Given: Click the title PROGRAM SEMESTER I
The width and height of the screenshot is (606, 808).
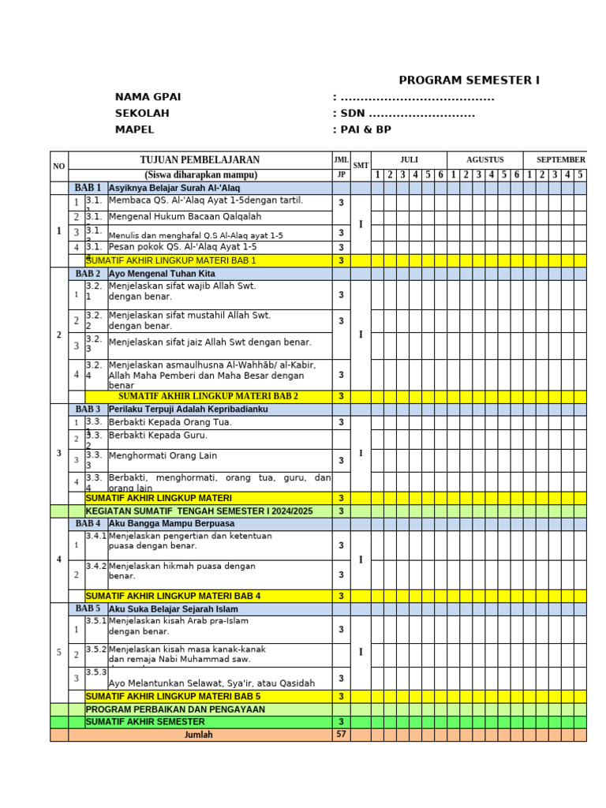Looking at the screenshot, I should pyautogui.click(x=469, y=80).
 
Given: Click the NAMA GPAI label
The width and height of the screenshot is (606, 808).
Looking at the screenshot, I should pyautogui.click(x=148, y=97).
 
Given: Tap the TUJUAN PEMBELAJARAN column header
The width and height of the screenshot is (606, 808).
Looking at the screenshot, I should pyautogui.click(x=200, y=160).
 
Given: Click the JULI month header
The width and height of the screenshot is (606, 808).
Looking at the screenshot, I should pyautogui.click(x=409, y=160).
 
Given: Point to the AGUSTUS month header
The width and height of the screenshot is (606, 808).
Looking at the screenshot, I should pyautogui.click(x=484, y=160).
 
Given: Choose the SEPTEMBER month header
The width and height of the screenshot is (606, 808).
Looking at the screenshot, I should pyautogui.click(x=560, y=160).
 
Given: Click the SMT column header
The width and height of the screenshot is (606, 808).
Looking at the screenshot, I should pyautogui.click(x=361, y=166).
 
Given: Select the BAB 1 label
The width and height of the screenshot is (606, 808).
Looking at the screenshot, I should pyautogui.click(x=88, y=188).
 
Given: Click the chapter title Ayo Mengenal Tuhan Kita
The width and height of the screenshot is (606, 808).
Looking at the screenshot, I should pyautogui.click(x=162, y=274).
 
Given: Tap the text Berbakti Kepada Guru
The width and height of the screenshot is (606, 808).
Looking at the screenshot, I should pyautogui.click(x=158, y=436).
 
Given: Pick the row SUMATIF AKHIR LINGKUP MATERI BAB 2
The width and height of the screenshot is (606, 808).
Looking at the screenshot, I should pyautogui.click(x=208, y=396).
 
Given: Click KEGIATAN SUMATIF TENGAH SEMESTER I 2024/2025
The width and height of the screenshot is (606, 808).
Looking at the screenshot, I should pyautogui.click(x=199, y=511).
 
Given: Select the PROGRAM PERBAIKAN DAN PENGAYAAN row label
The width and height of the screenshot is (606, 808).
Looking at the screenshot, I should pyautogui.click(x=175, y=709).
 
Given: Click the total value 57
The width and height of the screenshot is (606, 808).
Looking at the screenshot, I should pyautogui.click(x=341, y=735).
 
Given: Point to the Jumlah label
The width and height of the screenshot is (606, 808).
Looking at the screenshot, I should pyautogui.click(x=198, y=735).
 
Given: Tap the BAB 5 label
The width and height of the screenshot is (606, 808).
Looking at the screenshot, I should pyautogui.click(x=88, y=609).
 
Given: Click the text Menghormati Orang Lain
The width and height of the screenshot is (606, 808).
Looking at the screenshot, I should pyautogui.click(x=163, y=456).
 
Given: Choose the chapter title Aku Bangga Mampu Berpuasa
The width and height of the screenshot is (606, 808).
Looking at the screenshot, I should pyautogui.click(x=171, y=524).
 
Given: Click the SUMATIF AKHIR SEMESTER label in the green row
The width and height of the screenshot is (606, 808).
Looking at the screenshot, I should pyautogui.click(x=144, y=722).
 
